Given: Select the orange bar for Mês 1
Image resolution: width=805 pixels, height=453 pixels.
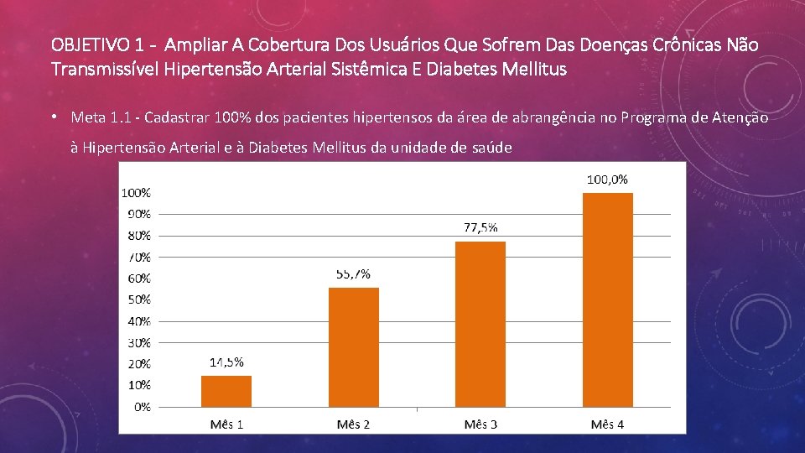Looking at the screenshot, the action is pyautogui.click(x=226, y=392).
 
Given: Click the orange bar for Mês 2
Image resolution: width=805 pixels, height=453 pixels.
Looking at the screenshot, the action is pyautogui.click(x=354, y=347).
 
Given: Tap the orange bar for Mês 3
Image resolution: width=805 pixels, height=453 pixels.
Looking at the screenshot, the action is pyautogui.click(x=480, y=324).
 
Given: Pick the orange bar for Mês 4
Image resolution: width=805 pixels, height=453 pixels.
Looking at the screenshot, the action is pyautogui.click(x=608, y=300).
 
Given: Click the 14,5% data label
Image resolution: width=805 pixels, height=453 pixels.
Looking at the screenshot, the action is pyautogui.click(x=226, y=362).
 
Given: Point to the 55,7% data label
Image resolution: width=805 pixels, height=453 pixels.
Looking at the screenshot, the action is pyautogui.click(x=353, y=274).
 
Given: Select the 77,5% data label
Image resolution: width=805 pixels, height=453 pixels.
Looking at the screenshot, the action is pyautogui.click(x=480, y=227).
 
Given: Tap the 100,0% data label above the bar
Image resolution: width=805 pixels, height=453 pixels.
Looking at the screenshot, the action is pyautogui.click(x=607, y=180).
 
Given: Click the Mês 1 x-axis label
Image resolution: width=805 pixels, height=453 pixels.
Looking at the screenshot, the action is pyautogui.click(x=226, y=424).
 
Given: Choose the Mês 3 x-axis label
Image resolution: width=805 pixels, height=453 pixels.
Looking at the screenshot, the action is pyautogui.click(x=480, y=424).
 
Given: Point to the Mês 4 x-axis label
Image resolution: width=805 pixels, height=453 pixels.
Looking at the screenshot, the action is pyautogui.click(x=607, y=424).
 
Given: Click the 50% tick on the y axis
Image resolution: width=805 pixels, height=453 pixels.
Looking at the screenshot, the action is pyautogui.click(x=139, y=299).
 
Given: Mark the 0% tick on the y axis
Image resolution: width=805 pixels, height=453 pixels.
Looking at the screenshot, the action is pyautogui.click(x=143, y=407).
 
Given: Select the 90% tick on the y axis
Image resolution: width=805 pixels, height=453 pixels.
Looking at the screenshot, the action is pyautogui.click(x=139, y=214).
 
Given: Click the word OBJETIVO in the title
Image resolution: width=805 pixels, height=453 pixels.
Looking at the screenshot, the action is pyautogui.click(x=91, y=45).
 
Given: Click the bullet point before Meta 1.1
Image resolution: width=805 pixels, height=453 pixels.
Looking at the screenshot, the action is pyautogui.click(x=54, y=117).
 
